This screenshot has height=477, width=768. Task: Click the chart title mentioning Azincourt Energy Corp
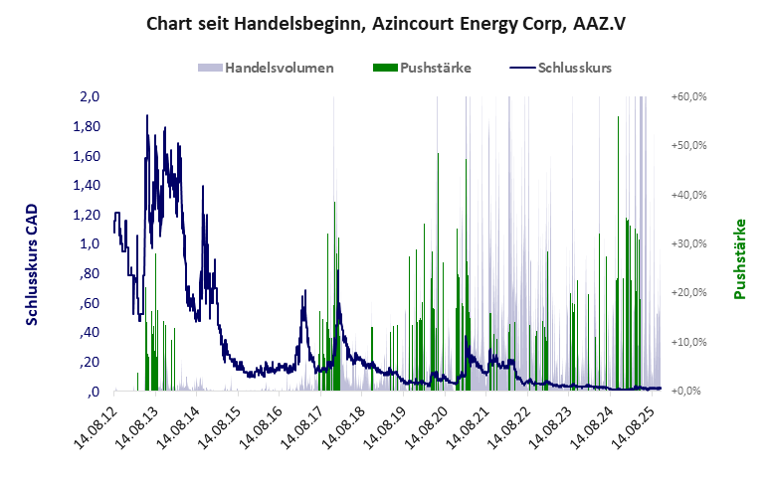coord(383,22)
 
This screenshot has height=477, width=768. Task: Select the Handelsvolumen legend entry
coord(279,69)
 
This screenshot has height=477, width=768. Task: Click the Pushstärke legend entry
coord(435,69)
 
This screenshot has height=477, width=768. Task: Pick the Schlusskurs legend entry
coord(574,69)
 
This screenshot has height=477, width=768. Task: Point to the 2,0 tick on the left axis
coord(91,97)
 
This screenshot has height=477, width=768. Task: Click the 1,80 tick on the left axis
coord(88,127)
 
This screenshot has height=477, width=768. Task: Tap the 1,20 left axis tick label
coord(88,215)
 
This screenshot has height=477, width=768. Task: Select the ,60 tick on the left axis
coord(91,303)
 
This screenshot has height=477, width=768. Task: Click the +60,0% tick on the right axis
coord(688,97)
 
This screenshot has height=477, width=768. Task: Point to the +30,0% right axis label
coord(688,244)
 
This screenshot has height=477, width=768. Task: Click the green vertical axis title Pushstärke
coord(740,259)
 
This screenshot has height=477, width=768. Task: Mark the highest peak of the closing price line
coord(147,115)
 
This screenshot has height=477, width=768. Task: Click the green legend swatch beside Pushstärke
coord(384,69)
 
